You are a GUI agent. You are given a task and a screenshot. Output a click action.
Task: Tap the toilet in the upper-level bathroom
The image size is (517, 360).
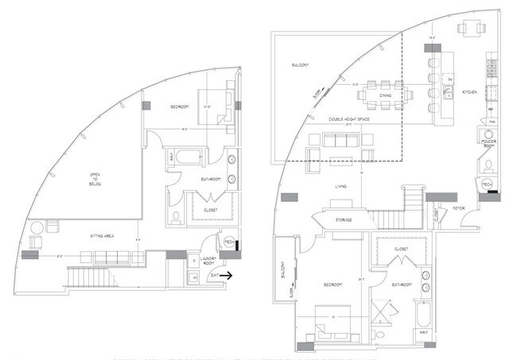176,217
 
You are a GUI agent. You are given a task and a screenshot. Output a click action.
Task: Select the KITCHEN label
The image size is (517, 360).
470,93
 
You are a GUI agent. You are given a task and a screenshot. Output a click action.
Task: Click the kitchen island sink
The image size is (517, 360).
450,80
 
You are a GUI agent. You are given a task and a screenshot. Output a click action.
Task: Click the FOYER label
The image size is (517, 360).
458,209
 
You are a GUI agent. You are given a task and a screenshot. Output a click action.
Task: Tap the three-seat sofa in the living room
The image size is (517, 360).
338,141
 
